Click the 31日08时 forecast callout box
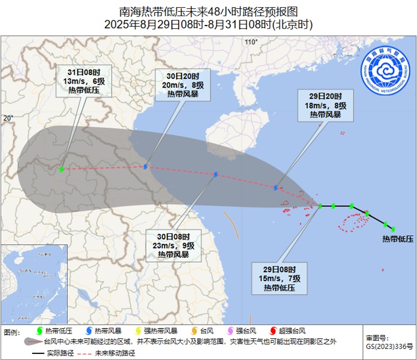[x=84, y=80]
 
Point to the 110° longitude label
[x=251, y=42]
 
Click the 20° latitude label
[x=8, y=118]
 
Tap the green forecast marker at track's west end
[x=61, y=169]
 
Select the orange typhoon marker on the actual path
[x=367, y=213]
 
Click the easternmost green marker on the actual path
[x=393, y=229]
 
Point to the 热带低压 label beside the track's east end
[x=398, y=239]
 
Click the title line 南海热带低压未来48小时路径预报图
[x=209, y=12]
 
